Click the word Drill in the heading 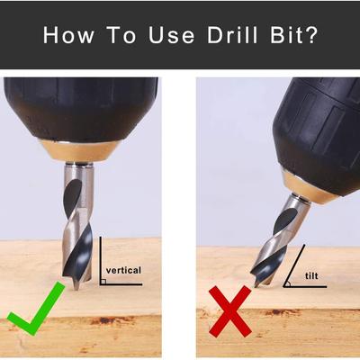pyautogui.click(x=232, y=35)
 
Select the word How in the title pyautogui.click(x=68, y=35)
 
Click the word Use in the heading pyautogui.click(x=172, y=35)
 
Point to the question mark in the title pyautogui.click(x=310, y=35)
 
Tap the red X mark pyautogui.click(x=230, y=311)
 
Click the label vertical pyautogui.click(x=123, y=270)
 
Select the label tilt pyautogui.click(x=311, y=275)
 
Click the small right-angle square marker pyautogui.click(x=103, y=282)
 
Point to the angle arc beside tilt pyautogui.click(x=289, y=283)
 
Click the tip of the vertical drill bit pyautogui.click(x=76, y=289)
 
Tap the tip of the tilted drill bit pyautogui.click(x=256, y=286)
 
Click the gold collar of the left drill pyautogui.click(x=79, y=151)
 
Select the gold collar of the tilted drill pyautogui.click(x=310, y=187)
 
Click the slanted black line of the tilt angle pyautogui.click(x=294, y=265)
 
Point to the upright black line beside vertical pyautogui.click(x=100, y=260)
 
